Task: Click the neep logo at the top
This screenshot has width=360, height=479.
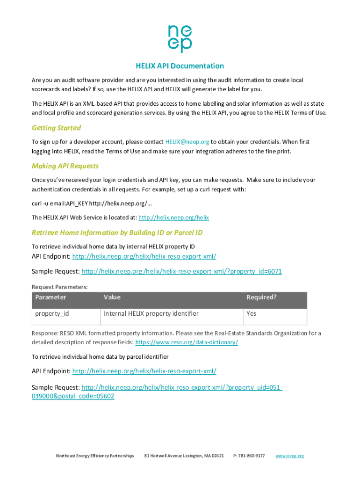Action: [x=180, y=39]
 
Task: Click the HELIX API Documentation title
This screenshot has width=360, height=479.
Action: [x=180, y=66]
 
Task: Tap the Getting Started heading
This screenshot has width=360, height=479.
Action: [x=56, y=128]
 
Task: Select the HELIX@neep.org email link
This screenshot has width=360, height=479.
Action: [x=187, y=142]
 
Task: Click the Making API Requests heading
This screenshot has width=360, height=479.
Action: [x=65, y=166]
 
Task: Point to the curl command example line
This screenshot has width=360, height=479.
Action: [x=92, y=203]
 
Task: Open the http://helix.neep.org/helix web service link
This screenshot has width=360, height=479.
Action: [x=173, y=218]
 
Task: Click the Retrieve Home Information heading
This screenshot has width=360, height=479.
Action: [x=117, y=232]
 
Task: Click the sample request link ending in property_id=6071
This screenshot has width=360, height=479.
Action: [x=181, y=271]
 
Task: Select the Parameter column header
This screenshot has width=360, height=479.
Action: [x=51, y=298]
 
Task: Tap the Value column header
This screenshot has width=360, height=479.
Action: [x=112, y=298]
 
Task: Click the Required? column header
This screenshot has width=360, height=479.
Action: [x=261, y=298]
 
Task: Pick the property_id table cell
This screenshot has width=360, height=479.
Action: [x=52, y=313]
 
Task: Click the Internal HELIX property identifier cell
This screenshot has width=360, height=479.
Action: [x=151, y=313]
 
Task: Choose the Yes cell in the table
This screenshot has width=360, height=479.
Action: [x=252, y=313]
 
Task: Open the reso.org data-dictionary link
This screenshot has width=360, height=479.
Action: [x=187, y=342]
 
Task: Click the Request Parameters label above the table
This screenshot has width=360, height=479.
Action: [x=59, y=287]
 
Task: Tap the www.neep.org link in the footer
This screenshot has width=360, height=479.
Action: [x=290, y=456]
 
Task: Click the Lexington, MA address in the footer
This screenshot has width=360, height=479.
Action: [x=184, y=456]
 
